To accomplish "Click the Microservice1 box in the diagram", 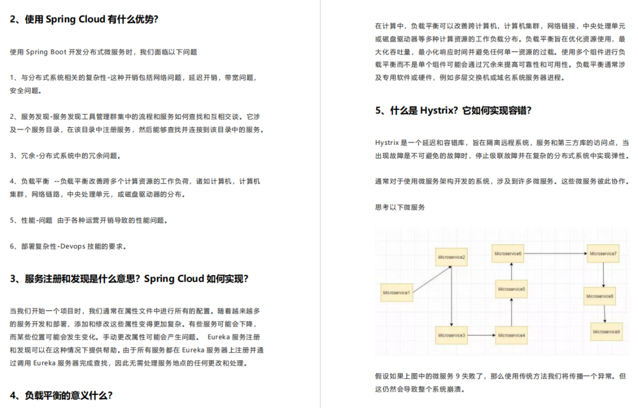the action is (396, 293).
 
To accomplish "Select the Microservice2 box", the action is (451, 257).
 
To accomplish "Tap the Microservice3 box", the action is (451, 335).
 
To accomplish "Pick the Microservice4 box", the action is (512, 335).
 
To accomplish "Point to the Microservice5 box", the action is (512, 289).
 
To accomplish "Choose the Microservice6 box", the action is (507, 254).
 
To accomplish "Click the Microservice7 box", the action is (603, 254).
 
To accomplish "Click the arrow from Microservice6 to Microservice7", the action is (555, 254).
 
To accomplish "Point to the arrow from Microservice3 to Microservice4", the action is (481, 335).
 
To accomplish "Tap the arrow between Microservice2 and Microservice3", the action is (451, 296).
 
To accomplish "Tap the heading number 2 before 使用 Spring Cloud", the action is (13, 19).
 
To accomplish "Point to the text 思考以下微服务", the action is (400, 208).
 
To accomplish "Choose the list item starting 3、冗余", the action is (65, 156).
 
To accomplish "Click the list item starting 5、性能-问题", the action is (89, 221).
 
